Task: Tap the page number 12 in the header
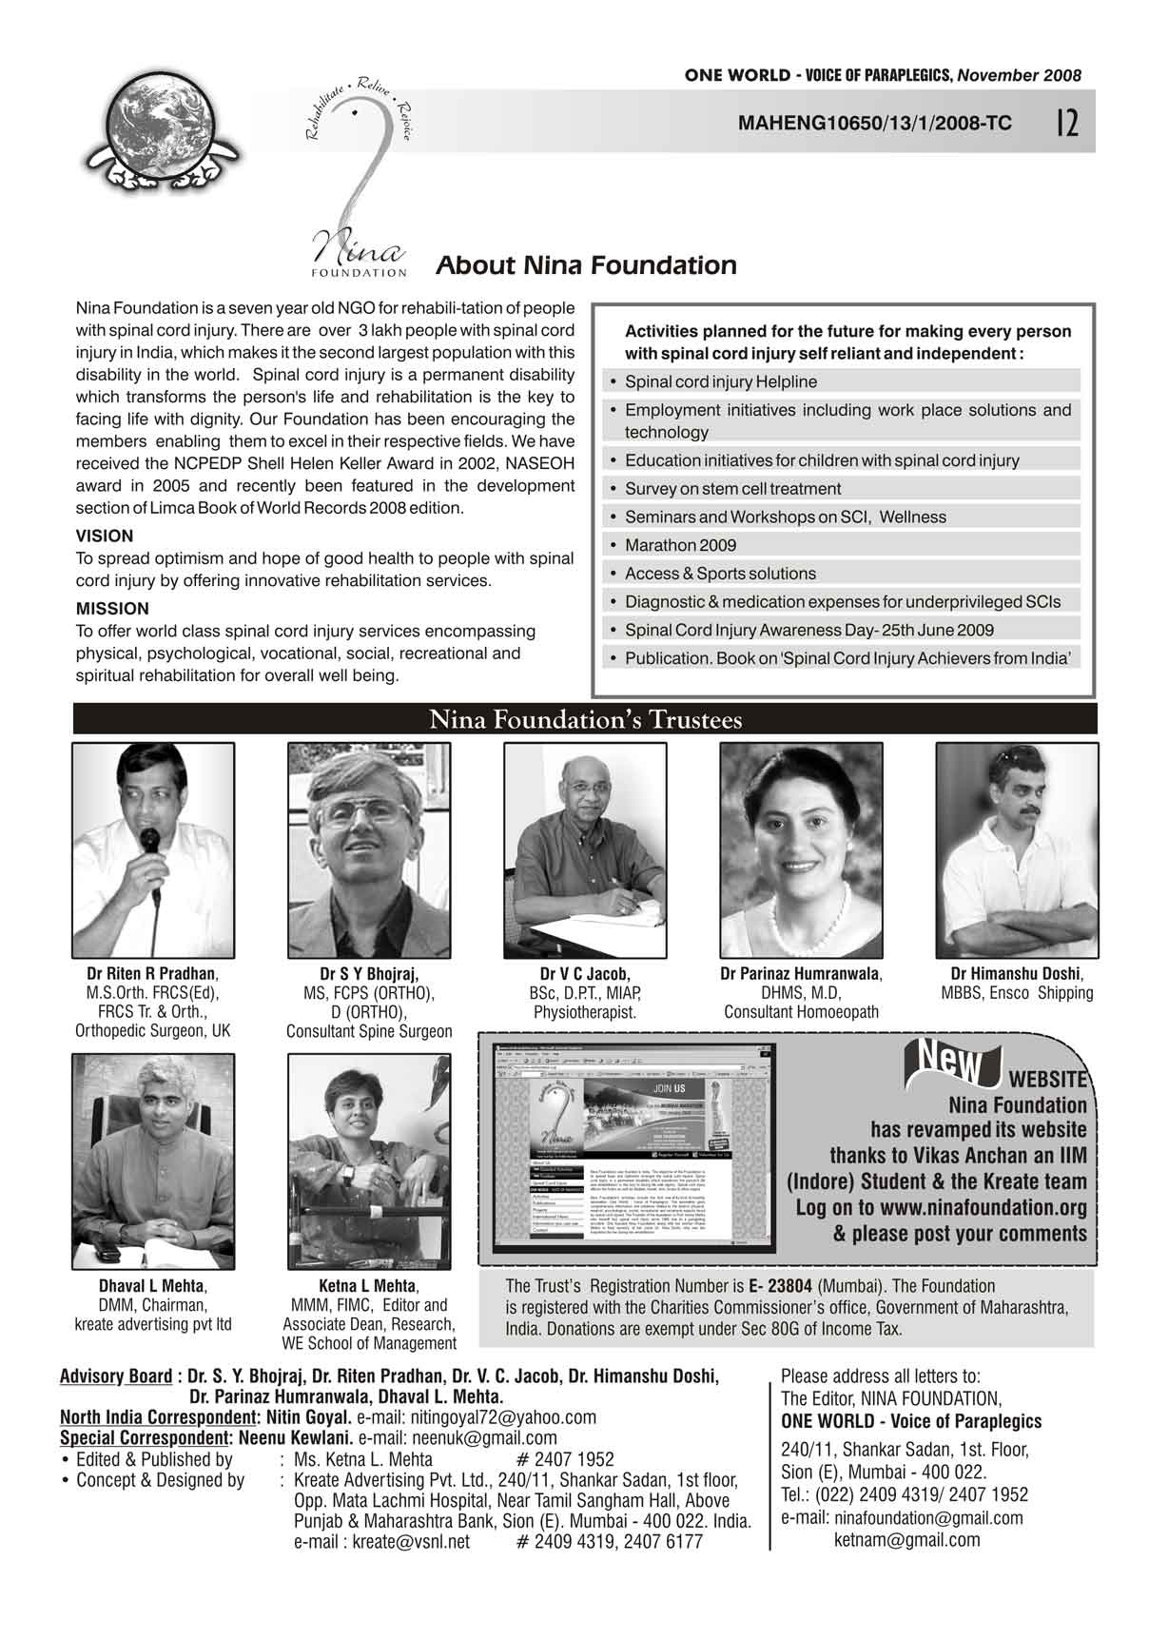coord(1066,123)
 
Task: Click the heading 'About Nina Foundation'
coord(586,265)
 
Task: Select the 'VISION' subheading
coord(105,536)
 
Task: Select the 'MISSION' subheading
coord(112,609)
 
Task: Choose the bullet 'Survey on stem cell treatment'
coord(732,489)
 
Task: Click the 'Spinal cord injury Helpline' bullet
coord(720,381)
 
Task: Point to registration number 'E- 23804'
coord(780,1286)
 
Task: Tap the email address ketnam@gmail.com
coord(906,1540)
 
